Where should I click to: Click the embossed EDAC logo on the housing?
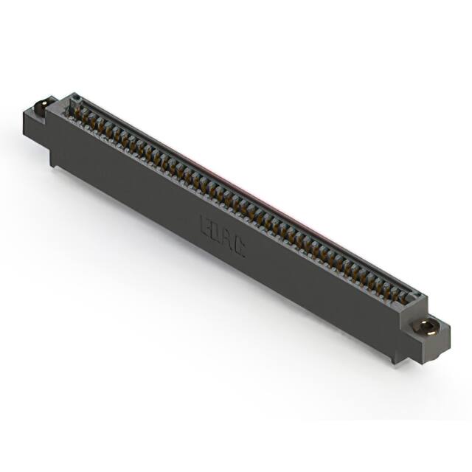[x=223, y=236]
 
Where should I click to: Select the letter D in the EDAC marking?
[x=217, y=232]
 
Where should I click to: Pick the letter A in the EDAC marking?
[x=229, y=240]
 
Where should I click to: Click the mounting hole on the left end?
[x=41, y=105]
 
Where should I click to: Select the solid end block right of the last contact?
[x=415, y=302]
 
